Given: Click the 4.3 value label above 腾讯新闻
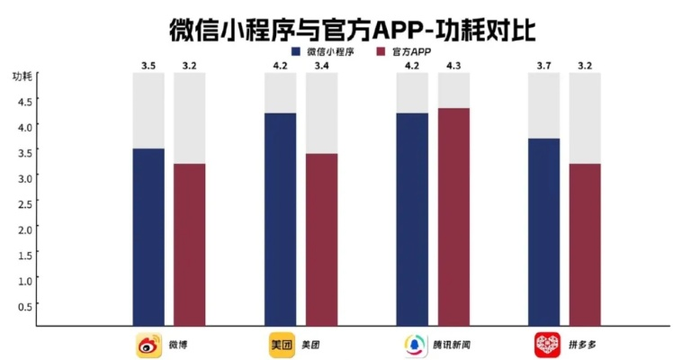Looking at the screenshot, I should (453, 66).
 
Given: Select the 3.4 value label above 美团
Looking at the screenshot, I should (321, 66).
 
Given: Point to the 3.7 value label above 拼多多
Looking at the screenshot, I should (543, 66).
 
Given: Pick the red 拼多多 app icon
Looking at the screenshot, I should (546, 344).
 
